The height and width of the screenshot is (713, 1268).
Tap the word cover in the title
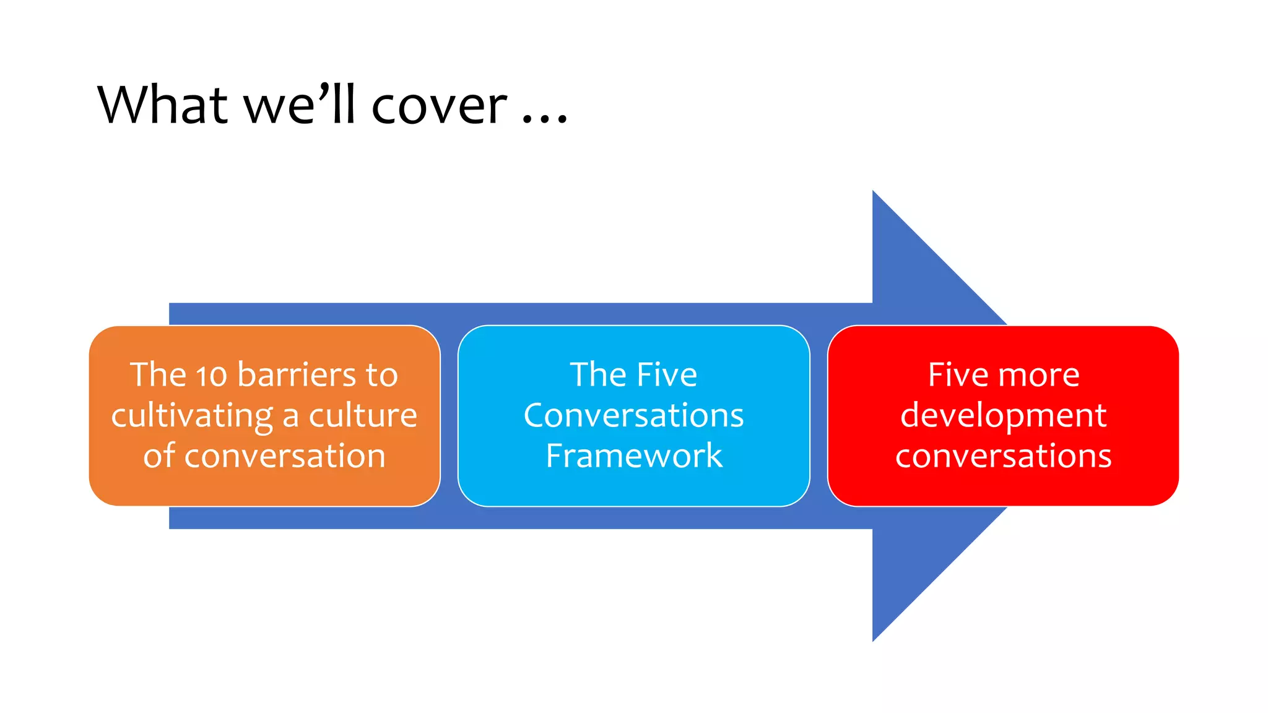(x=439, y=106)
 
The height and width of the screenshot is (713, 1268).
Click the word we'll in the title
(x=300, y=105)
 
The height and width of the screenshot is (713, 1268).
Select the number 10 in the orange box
(x=211, y=376)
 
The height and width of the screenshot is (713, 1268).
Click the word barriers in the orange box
(x=297, y=375)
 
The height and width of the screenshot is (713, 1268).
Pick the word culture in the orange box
(x=363, y=415)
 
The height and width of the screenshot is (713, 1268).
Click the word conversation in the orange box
(x=285, y=456)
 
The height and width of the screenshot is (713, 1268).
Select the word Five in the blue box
(x=667, y=375)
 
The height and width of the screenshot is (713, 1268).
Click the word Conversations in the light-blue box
(x=633, y=415)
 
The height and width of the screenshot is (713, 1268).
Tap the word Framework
(x=633, y=456)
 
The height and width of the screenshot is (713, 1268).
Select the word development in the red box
(x=1003, y=416)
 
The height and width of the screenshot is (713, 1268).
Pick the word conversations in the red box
(x=1003, y=456)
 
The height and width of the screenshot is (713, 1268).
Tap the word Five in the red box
(x=958, y=375)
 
